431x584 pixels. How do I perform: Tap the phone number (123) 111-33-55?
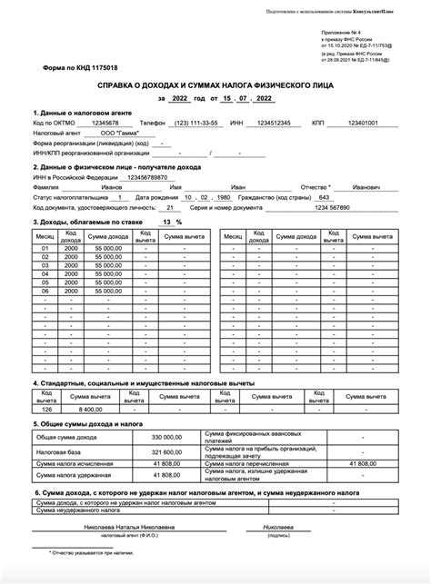197,123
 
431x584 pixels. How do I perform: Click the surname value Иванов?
118,187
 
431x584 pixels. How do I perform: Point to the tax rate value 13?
165,222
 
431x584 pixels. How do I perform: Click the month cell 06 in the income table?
45,292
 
